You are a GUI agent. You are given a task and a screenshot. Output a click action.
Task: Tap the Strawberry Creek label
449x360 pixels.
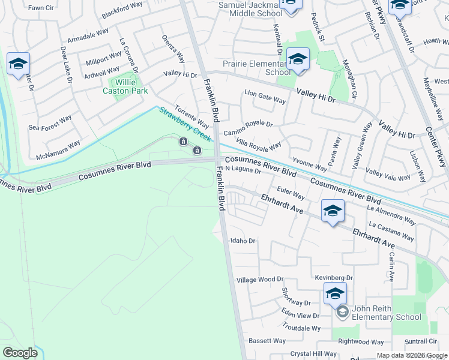click(x=184, y=124)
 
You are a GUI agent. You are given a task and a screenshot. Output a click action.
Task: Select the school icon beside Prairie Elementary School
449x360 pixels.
click(x=297, y=59)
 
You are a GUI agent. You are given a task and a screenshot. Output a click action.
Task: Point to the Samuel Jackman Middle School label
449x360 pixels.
click(x=249, y=8)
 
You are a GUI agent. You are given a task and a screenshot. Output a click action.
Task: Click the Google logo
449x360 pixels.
click(x=20, y=353)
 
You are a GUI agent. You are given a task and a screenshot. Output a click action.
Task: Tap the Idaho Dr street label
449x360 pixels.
click(x=243, y=241)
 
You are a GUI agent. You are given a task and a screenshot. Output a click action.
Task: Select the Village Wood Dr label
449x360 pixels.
click(x=259, y=280)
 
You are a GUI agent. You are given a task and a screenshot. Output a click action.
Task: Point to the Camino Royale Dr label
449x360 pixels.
click(x=248, y=128)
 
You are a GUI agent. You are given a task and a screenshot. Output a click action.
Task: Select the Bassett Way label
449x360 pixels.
click(x=267, y=341)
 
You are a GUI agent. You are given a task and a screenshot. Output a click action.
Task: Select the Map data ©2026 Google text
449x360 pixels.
click(x=411, y=355)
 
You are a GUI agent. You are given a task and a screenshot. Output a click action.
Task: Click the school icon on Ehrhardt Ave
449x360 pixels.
click(x=333, y=211)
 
